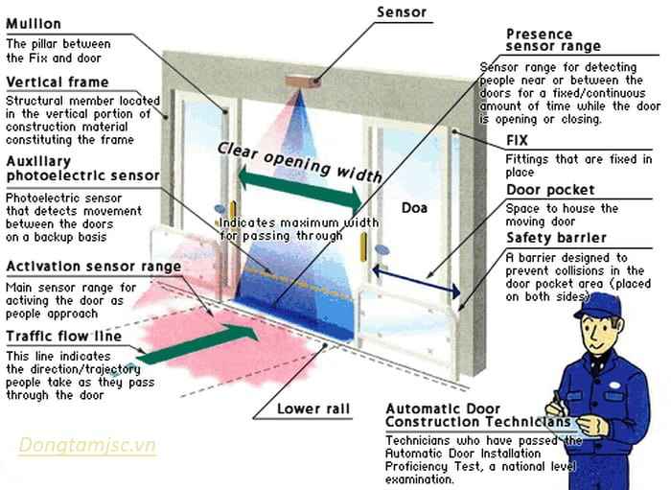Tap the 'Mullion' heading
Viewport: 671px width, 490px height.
click(x=34, y=23)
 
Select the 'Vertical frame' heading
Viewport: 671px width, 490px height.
click(x=57, y=82)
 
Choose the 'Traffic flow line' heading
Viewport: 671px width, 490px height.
click(x=63, y=337)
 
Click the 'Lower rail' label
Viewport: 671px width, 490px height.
click(x=312, y=409)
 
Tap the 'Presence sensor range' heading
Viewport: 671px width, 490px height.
click(x=553, y=39)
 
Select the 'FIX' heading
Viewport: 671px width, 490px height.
click(x=519, y=140)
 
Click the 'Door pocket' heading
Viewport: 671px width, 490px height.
click(x=550, y=190)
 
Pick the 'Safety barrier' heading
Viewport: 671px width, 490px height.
click(x=556, y=238)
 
